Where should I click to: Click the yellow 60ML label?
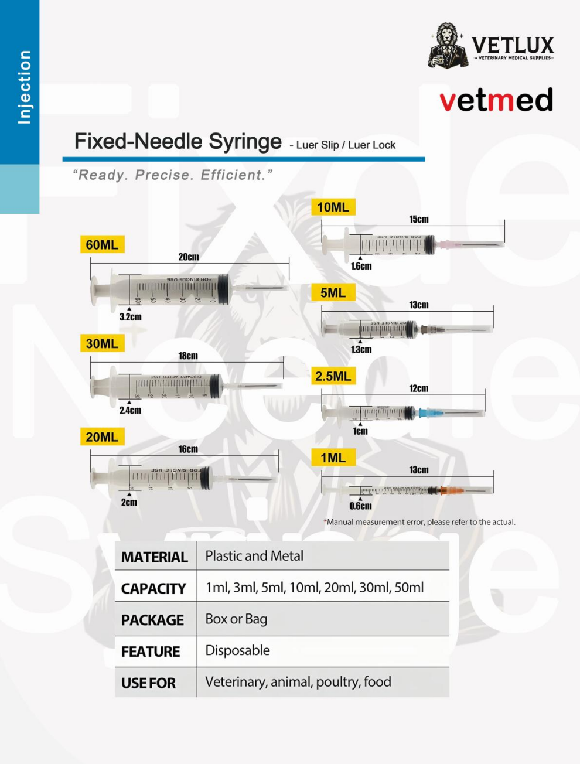(x=102, y=244)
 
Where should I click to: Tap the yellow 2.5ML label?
(x=333, y=376)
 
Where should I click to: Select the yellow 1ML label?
(x=333, y=458)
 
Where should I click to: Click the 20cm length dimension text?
(x=189, y=257)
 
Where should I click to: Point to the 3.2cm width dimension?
(x=130, y=317)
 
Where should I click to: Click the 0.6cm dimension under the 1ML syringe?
(x=360, y=506)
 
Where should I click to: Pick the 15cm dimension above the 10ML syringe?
(x=418, y=219)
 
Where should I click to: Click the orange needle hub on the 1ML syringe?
(x=451, y=490)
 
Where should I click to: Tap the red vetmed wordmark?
(x=496, y=100)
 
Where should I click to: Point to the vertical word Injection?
(x=23, y=87)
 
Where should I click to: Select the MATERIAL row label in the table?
(x=155, y=557)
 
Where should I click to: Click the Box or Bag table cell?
(x=236, y=619)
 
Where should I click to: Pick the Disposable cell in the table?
(x=237, y=650)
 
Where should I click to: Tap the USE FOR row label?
(x=148, y=683)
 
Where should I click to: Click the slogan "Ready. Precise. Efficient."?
(x=173, y=175)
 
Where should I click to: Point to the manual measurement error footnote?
(x=420, y=522)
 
